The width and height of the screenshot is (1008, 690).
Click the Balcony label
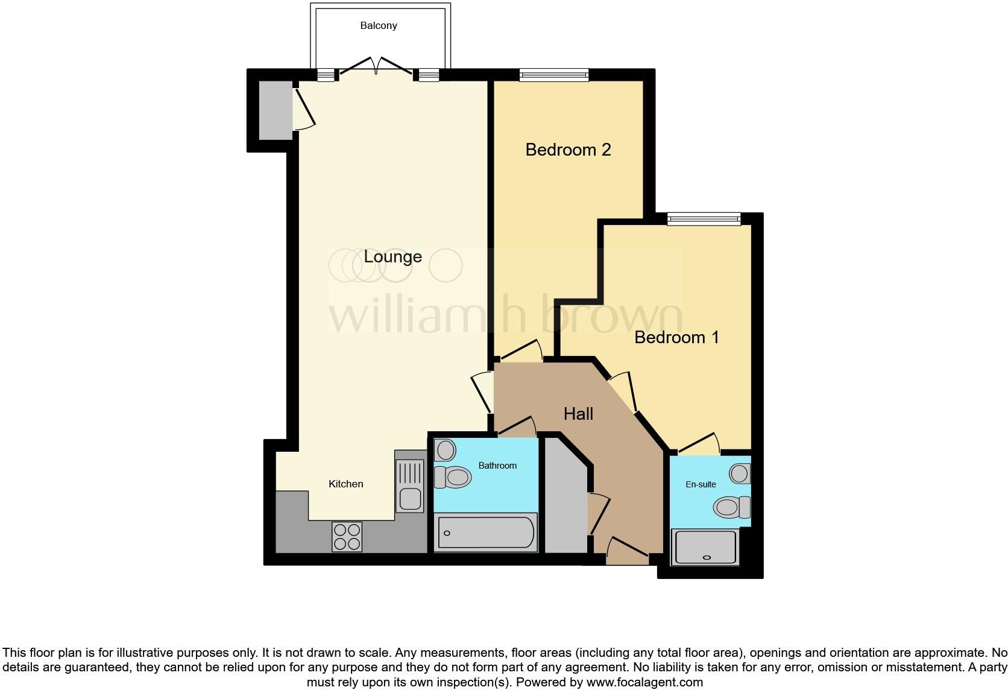[x=379, y=25]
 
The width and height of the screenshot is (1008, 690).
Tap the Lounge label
[x=392, y=257]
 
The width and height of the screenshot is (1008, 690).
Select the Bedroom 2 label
[x=568, y=150]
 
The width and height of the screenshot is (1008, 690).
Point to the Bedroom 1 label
[x=676, y=337]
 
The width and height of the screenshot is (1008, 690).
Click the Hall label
[x=578, y=414]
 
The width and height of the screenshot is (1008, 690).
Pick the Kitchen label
[x=345, y=484]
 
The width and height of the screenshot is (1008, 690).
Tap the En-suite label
[x=701, y=484]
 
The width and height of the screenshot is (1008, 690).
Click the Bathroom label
[x=497, y=466]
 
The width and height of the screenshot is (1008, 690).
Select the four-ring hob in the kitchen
[x=347, y=536]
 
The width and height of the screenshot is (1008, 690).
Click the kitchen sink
[x=410, y=486]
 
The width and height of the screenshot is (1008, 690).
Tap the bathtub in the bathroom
[x=485, y=533]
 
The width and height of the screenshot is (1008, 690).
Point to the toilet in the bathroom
[x=453, y=478]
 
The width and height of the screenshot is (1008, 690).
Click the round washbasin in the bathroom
[x=446, y=451]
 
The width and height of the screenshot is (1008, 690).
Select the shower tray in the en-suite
[x=705, y=547]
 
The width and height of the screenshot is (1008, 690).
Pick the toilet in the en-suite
[x=731, y=507]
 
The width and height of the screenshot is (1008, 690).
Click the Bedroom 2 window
[x=554, y=75]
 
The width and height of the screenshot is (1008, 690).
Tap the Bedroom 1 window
[x=704, y=219]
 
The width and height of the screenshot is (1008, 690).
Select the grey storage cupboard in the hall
[x=564, y=501]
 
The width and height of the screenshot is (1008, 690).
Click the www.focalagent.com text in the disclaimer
[x=644, y=683]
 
